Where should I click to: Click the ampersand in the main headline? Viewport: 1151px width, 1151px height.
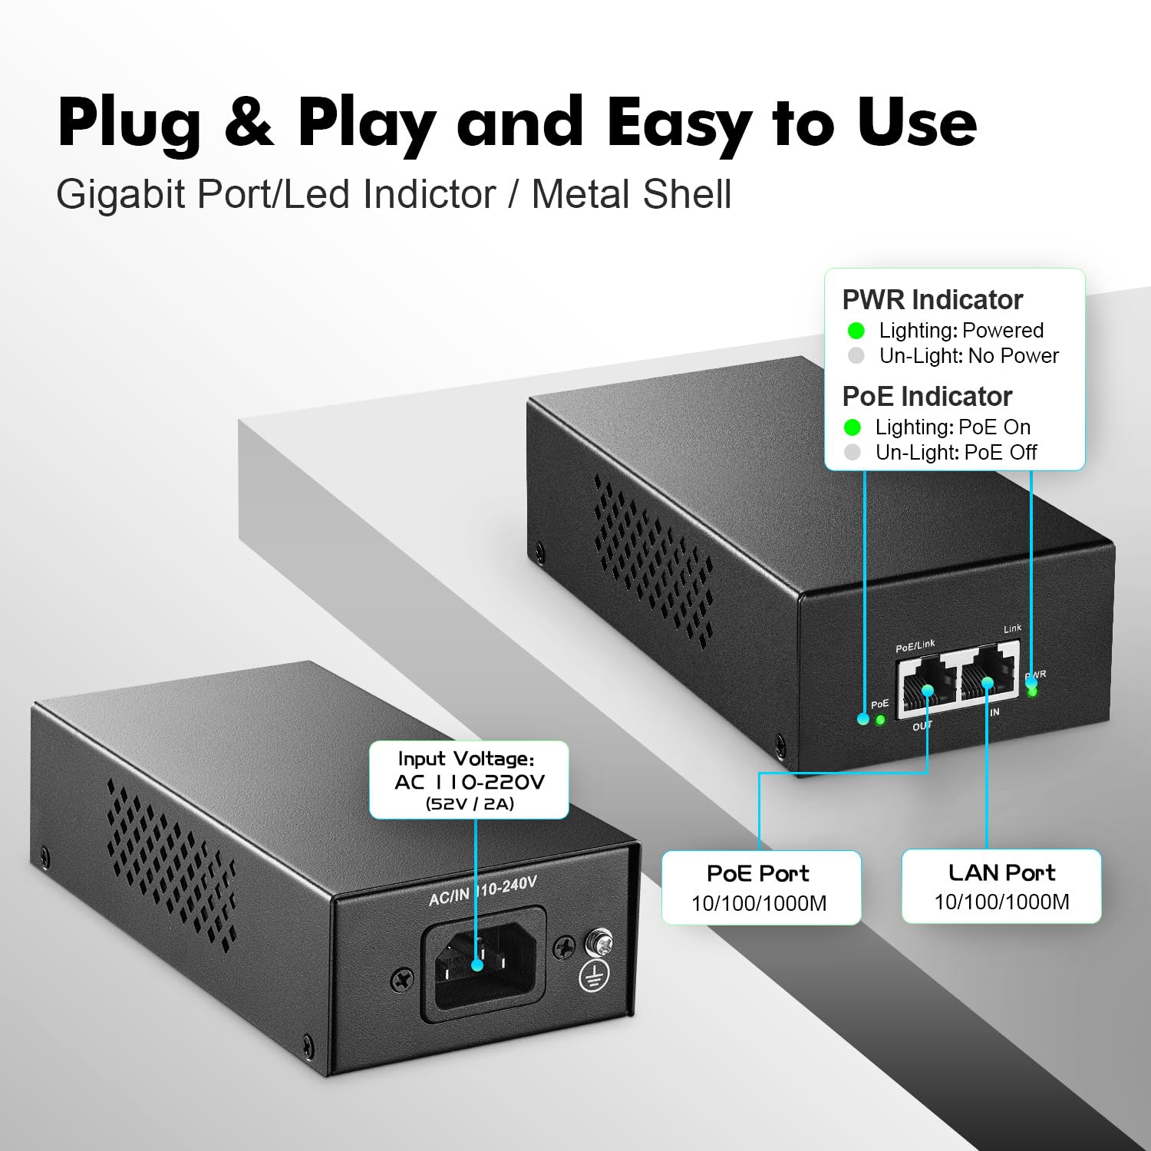click(249, 123)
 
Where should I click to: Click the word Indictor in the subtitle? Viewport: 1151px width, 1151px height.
click(429, 194)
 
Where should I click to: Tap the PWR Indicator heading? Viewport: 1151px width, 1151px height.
click(932, 299)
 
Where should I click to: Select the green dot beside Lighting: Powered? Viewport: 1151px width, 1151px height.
click(856, 331)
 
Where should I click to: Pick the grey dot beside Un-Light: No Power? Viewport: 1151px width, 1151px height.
click(856, 356)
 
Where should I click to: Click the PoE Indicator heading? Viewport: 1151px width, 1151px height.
click(927, 396)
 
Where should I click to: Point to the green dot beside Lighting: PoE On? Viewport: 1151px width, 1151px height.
click(852, 427)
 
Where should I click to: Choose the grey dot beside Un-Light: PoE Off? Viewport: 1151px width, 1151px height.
click(852, 453)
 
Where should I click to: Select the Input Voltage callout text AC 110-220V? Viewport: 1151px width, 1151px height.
click(469, 782)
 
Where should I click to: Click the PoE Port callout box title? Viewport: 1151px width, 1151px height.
click(757, 873)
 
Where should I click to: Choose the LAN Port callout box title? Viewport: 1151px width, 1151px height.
click(1001, 872)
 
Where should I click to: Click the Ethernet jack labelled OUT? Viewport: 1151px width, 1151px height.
click(926, 688)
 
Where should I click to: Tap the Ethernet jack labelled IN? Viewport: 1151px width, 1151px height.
click(988, 675)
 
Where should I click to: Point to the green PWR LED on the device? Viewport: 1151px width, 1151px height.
click(1032, 691)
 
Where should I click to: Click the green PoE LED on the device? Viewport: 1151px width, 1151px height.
click(880, 720)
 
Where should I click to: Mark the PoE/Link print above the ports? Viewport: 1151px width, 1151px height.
click(915, 646)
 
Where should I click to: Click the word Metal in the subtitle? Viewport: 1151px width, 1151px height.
click(582, 194)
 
